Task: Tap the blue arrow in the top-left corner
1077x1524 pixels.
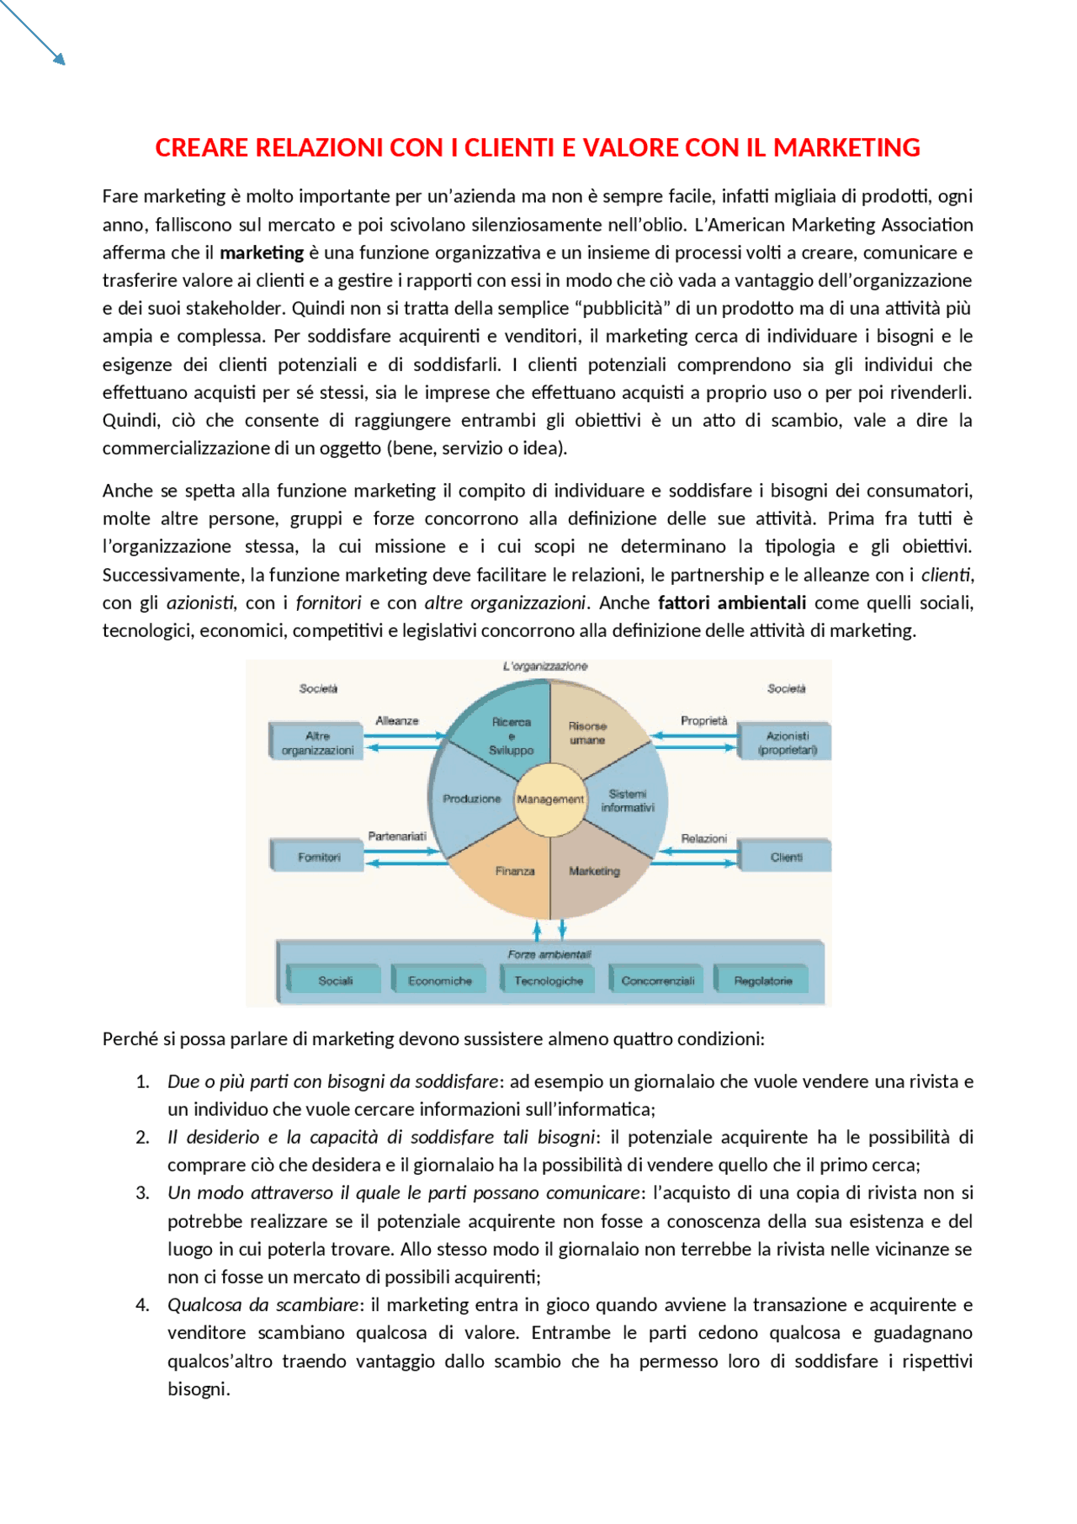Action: tap(34, 31)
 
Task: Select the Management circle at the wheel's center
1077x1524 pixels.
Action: tap(550, 799)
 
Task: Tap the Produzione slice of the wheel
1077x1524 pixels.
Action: tap(471, 799)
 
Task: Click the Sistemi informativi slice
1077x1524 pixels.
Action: tap(628, 800)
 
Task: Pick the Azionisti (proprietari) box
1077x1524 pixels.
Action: tap(787, 742)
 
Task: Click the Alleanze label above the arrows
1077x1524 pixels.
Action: tap(396, 721)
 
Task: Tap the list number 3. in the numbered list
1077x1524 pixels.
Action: tap(142, 1193)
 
